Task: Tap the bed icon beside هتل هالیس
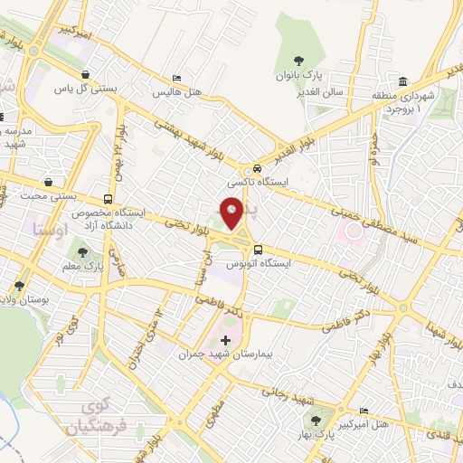click(175, 79)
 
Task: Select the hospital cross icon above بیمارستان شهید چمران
click(226, 341)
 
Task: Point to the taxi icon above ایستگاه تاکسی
click(258, 168)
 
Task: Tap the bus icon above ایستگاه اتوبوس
click(259, 250)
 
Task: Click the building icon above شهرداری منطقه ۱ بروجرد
click(402, 79)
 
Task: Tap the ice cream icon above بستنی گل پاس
click(85, 75)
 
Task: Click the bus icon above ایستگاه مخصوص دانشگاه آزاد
click(109, 199)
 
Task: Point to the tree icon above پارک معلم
click(83, 254)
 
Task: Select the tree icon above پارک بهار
click(315, 419)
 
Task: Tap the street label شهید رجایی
click(287, 393)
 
